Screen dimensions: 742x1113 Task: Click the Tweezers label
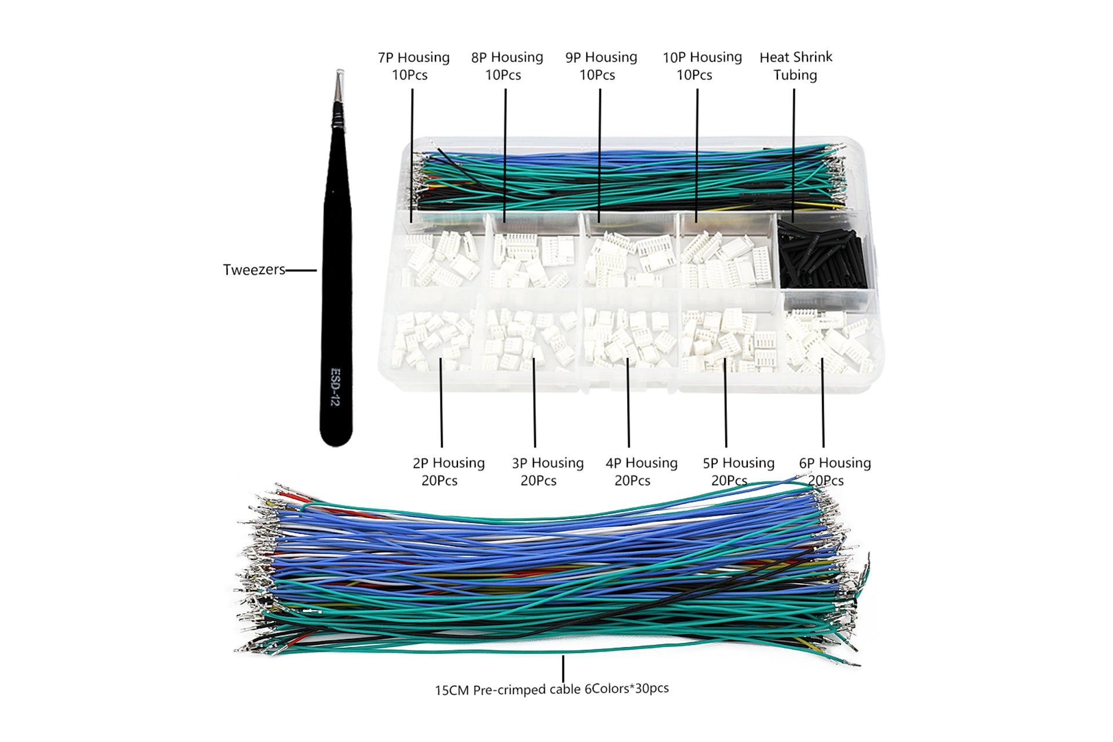pos(254,270)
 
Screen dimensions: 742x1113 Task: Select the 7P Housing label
pos(413,66)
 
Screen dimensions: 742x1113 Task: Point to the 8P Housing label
pos(506,66)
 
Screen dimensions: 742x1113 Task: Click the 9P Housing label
pos(601,66)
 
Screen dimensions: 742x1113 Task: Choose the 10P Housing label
pos(701,66)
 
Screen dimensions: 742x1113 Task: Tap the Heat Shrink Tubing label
pos(795,66)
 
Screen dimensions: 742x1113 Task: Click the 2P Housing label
pos(448,471)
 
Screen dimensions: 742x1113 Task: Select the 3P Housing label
pos(547,471)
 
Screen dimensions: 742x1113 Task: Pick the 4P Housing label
pos(641,471)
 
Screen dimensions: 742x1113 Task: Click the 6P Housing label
pos(834,471)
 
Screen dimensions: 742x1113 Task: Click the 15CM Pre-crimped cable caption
pos(551,689)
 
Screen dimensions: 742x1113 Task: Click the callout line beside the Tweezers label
pos(301,270)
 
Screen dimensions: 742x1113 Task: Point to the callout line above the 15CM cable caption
pos(563,668)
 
